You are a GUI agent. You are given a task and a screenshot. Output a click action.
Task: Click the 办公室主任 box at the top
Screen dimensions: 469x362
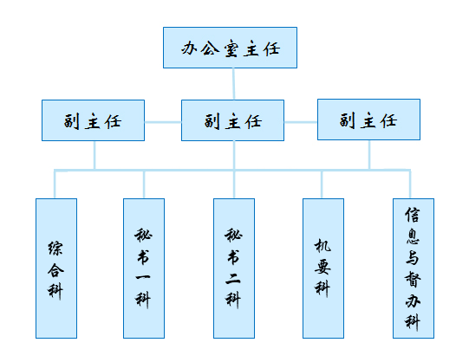[x=230, y=48]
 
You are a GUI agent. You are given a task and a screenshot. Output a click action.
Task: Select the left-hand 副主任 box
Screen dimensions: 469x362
[x=93, y=120]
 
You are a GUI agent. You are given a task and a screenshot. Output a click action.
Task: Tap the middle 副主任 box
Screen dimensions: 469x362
[x=232, y=120]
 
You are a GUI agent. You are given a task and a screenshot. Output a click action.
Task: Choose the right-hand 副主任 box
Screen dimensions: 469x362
[x=368, y=120]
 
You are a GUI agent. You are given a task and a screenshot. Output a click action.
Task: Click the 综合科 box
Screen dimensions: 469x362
[x=56, y=268]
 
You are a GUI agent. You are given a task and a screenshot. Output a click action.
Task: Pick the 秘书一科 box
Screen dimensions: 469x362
[x=144, y=268]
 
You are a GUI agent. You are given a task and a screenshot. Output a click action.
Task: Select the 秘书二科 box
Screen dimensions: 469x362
[x=234, y=268]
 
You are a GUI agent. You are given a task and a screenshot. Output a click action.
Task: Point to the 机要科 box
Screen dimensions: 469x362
[x=323, y=268]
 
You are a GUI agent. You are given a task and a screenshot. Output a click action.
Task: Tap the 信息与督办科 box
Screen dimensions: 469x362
[x=414, y=268]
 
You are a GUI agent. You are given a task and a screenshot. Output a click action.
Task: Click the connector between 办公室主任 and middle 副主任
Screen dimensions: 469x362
[x=233, y=84]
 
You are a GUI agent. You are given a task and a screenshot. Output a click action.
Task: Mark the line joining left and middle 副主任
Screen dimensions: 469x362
[x=163, y=122]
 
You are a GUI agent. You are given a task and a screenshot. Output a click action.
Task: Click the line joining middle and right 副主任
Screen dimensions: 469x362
[x=301, y=122]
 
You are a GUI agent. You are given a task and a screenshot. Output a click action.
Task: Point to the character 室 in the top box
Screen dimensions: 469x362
[x=231, y=48]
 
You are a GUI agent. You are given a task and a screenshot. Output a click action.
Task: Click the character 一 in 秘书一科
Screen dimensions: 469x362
[x=143, y=277]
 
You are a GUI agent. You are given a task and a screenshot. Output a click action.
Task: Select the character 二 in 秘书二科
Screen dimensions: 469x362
[x=233, y=279]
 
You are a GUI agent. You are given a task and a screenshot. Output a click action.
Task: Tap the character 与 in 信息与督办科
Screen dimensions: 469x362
[x=413, y=258]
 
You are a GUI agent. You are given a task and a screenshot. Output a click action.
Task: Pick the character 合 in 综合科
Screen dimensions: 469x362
[x=55, y=270]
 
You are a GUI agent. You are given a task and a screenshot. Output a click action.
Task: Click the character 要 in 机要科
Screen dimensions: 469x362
[x=322, y=267]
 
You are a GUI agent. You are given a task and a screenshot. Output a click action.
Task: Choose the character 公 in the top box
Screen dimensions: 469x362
[x=211, y=48]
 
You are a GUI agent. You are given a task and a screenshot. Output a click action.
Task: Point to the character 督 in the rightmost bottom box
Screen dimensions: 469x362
[x=413, y=280]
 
